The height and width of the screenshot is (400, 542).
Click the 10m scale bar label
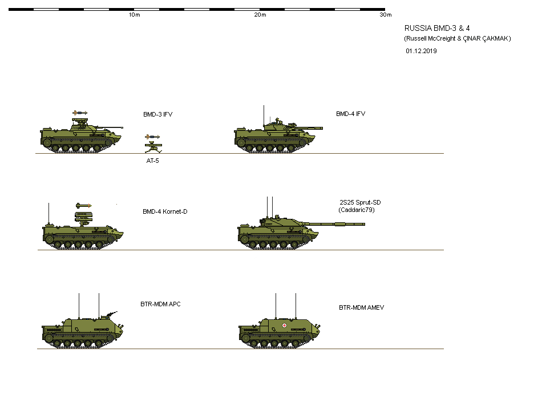(134, 15)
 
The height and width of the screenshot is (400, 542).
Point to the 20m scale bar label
(260, 15)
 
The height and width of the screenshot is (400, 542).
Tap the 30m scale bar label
(386, 15)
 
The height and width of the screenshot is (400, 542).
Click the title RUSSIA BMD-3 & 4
(437, 28)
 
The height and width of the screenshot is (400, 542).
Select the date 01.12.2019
(422, 51)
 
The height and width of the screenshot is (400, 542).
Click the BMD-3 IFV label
(157, 114)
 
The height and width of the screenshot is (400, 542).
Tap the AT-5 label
(152, 161)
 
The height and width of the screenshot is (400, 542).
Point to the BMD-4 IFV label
(350, 114)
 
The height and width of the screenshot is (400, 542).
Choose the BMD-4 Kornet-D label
(165, 212)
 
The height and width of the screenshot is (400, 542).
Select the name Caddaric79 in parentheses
(357, 210)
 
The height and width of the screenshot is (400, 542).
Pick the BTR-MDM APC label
(160, 304)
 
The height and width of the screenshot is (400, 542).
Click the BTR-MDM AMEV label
(361, 307)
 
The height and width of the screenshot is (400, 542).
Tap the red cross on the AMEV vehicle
(285, 325)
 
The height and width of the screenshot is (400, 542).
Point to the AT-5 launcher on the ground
(152, 147)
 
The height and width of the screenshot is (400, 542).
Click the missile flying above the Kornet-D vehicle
(83, 205)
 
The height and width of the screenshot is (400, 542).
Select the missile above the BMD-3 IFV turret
(80, 113)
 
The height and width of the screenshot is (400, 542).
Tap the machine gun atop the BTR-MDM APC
(111, 314)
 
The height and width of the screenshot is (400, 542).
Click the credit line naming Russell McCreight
(457, 38)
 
